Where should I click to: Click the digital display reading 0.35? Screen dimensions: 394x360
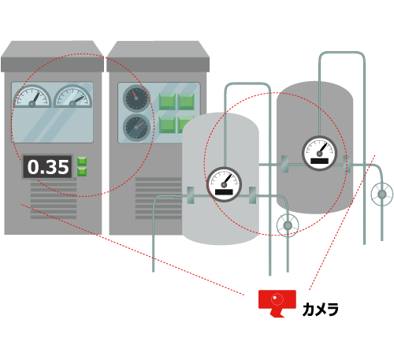47,167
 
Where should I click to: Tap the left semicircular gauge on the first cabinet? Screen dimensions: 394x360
32,97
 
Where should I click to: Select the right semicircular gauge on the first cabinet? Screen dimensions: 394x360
72,97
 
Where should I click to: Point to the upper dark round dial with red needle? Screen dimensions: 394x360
136,98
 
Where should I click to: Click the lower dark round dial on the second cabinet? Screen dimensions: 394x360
136,128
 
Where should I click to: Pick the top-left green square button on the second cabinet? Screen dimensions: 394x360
167,101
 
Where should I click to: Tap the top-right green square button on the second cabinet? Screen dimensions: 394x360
186,101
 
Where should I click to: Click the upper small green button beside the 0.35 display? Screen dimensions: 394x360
82,161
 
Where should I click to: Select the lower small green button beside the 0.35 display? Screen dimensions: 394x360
82,172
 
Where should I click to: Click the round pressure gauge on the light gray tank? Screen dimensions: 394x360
224,184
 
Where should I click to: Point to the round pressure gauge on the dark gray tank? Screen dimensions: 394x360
319,154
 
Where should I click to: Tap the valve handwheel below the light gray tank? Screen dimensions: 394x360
288,225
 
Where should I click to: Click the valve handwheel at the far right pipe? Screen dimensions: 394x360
382,195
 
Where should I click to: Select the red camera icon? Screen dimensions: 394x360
277,303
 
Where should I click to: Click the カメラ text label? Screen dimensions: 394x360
320,309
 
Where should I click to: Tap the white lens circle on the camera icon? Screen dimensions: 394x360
277,299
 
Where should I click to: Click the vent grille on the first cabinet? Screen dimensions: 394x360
54,199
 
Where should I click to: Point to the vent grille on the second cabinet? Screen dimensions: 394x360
158,199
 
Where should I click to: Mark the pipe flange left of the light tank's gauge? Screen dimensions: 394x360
191,195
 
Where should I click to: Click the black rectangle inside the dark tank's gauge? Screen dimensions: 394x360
319,161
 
